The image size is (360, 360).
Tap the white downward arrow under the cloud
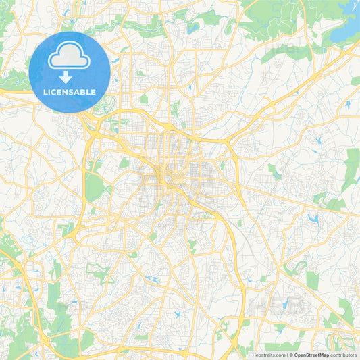pos(70,78)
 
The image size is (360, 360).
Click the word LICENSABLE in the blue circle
pos(70,92)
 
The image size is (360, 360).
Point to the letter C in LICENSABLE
pos(56,92)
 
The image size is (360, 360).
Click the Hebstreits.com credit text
pos(269,355)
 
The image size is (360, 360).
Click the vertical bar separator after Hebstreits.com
pos(286,355)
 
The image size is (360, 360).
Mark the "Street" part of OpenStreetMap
pos(311,355)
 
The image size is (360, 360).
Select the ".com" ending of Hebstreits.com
pos(279,355)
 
